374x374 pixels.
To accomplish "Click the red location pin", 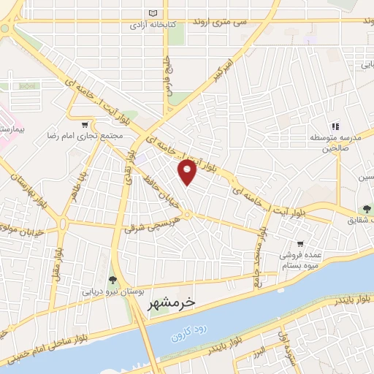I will [187, 173].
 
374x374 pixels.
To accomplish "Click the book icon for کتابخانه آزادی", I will [153, 13].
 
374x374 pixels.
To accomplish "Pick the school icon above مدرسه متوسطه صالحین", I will [337, 126].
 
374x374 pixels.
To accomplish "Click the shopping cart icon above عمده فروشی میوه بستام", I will [299, 244].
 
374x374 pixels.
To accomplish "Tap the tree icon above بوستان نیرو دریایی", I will [111, 278].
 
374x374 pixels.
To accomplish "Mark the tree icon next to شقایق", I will [366, 210].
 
